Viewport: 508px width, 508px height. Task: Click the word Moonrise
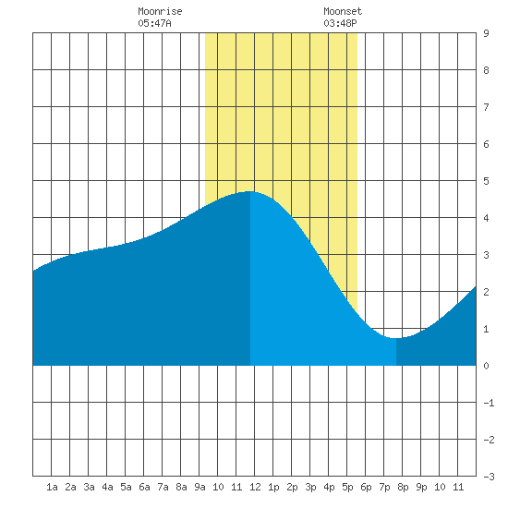(x=160, y=11)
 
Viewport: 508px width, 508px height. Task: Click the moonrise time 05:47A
(x=154, y=23)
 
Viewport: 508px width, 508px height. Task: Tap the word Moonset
(x=343, y=11)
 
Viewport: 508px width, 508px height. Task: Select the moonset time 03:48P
(x=340, y=23)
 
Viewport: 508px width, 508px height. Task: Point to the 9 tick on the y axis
(x=486, y=33)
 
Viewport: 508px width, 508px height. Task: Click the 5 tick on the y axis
(x=486, y=181)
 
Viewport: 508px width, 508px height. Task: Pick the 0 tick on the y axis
(x=486, y=366)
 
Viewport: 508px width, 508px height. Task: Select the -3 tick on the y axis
(x=489, y=477)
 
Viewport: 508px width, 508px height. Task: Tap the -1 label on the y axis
(x=489, y=403)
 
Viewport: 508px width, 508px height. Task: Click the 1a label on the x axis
(x=52, y=487)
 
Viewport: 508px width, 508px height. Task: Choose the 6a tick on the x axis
(x=144, y=487)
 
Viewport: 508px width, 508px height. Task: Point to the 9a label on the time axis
(x=200, y=487)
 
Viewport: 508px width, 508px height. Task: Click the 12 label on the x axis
(x=255, y=487)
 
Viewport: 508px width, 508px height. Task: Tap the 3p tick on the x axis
(x=310, y=487)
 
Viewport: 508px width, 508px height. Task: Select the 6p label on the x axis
(x=366, y=487)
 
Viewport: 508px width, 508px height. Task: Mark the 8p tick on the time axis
(x=403, y=487)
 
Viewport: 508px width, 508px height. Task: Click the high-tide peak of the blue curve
(x=249, y=191)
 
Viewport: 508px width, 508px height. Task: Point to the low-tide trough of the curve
(x=395, y=338)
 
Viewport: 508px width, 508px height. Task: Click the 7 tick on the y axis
(x=486, y=107)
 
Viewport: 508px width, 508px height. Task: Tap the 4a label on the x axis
(x=107, y=487)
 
